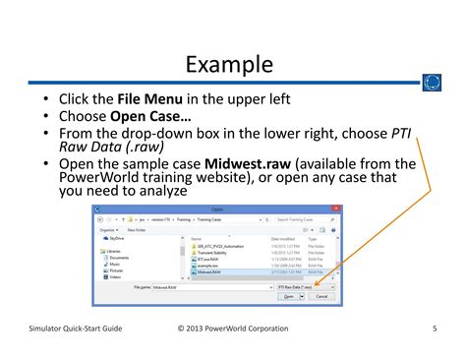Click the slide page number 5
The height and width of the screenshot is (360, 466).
pyautogui.click(x=434, y=328)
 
